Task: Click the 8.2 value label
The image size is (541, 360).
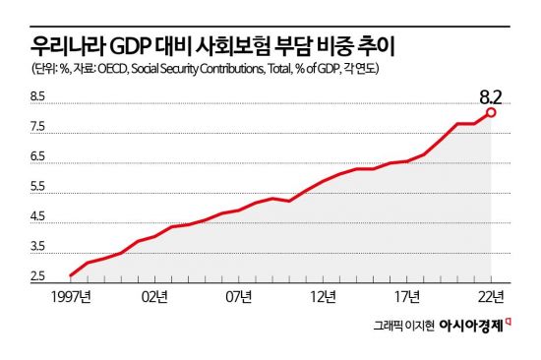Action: (x=492, y=96)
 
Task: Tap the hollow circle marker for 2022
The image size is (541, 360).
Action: (x=491, y=112)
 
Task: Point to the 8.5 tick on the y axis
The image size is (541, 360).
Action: (x=38, y=97)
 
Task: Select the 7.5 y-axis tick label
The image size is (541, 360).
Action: (x=38, y=128)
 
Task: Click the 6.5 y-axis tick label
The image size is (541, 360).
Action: (x=38, y=157)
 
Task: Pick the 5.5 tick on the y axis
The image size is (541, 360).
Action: (x=38, y=187)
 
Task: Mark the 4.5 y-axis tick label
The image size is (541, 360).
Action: (x=38, y=217)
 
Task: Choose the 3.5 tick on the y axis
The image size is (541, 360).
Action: (x=38, y=247)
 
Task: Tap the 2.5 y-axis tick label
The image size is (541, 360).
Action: (x=38, y=276)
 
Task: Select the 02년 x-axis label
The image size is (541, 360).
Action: (x=154, y=295)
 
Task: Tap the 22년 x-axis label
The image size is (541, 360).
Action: (x=491, y=295)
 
